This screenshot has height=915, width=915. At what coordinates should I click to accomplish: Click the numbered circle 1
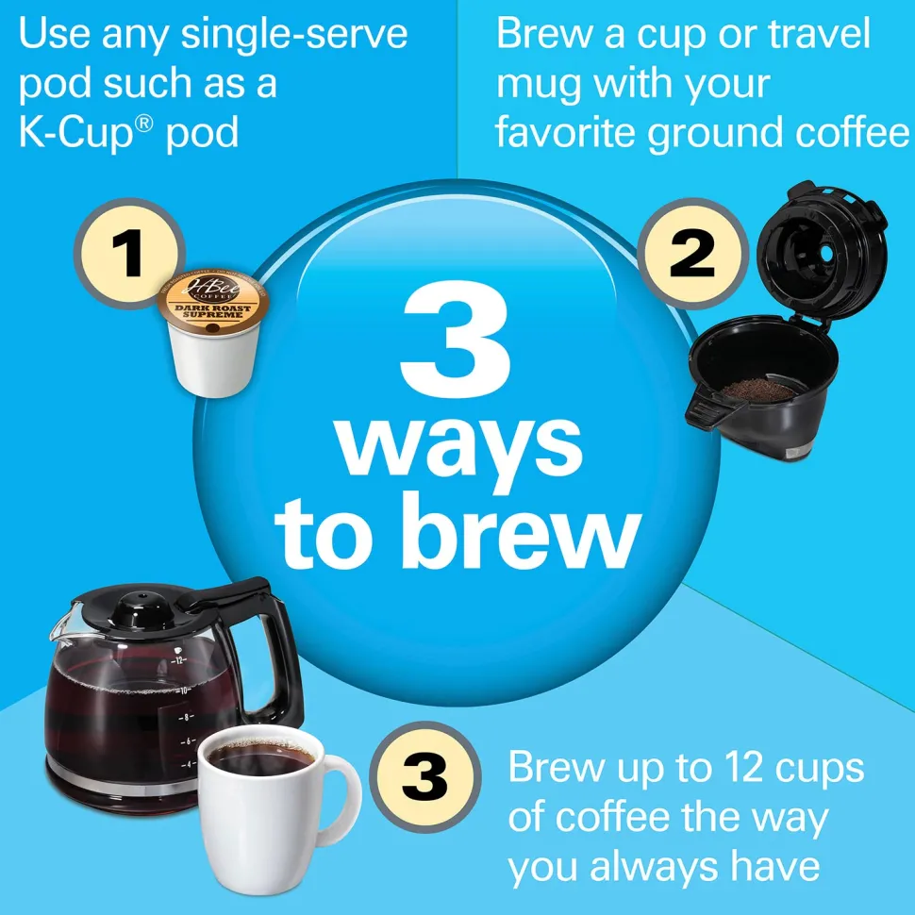(129, 253)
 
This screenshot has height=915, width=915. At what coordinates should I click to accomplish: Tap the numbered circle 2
(692, 253)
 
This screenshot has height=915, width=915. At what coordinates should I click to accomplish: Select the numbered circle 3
(425, 776)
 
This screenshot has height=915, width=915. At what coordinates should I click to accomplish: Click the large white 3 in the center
(457, 339)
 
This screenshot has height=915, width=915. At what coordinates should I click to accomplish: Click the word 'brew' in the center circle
(521, 532)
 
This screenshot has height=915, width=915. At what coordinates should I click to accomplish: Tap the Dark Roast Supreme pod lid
(213, 304)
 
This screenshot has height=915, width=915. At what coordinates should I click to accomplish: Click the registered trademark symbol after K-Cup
(146, 124)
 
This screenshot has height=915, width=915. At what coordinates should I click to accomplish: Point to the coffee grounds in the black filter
(758, 390)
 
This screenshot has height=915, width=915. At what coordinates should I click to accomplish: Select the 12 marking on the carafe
(178, 660)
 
